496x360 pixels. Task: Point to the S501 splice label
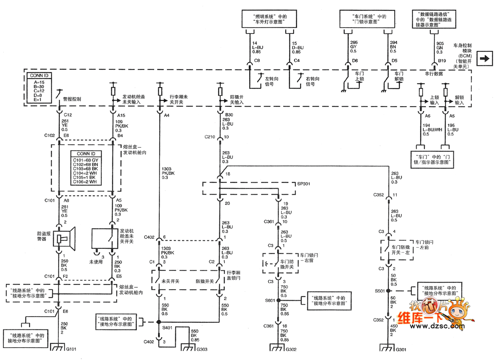pyautogui.click(x=380, y=291)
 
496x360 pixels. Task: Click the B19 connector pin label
pyautogui.click(x=442, y=61)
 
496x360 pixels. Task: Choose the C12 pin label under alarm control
pyautogui.click(x=68, y=114)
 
